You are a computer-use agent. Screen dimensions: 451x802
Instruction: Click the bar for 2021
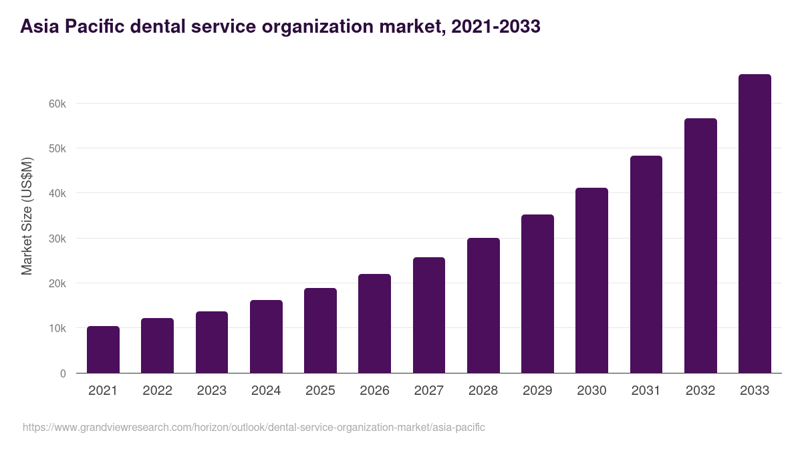click(x=103, y=349)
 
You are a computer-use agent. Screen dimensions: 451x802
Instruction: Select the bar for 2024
click(x=266, y=337)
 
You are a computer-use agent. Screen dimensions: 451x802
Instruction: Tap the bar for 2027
click(x=429, y=315)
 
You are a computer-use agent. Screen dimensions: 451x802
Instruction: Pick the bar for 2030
click(x=591, y=281)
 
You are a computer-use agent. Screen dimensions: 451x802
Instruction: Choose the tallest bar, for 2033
click(x=755, y=224)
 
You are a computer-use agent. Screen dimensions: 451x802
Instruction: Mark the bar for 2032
click(x=700, y=246)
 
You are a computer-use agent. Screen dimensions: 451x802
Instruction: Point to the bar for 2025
click(x=320, y=331)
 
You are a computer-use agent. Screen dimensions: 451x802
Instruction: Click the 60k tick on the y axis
click(x=58, y=104)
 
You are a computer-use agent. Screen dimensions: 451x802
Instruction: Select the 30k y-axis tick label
click(x=58, y=239)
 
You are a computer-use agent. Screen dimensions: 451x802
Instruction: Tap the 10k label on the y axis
click(x=58, y=329)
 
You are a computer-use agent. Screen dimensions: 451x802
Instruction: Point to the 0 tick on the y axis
click(x=63, y=373)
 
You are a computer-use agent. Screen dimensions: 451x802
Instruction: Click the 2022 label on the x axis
click(x=157, y=391)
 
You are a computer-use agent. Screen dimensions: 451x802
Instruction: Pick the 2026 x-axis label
click(x=374, y=391)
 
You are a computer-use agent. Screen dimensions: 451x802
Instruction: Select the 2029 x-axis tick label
click(x=537, y=391)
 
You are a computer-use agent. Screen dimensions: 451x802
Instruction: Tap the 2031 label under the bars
click(x=646, y=391)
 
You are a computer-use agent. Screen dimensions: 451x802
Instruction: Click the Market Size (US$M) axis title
click(x=27, y=216)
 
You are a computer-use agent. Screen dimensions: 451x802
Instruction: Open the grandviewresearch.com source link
click(x=254, y=427)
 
